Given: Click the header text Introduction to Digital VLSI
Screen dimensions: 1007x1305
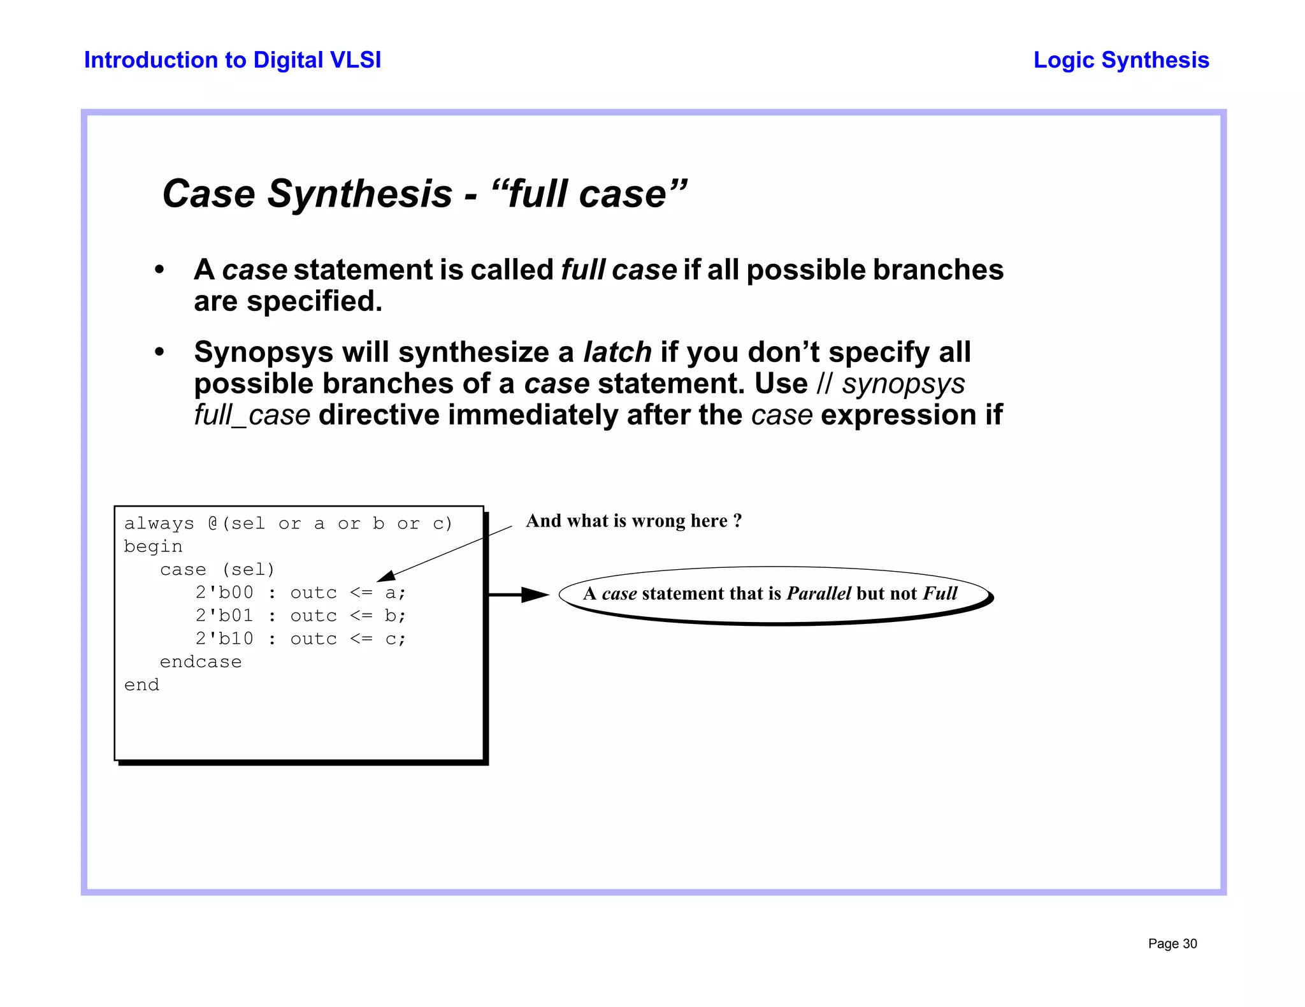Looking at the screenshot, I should (233, 60).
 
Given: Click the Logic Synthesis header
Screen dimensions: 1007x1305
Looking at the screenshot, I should (1121, 60).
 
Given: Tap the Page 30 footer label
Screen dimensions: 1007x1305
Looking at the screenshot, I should (1172, 943).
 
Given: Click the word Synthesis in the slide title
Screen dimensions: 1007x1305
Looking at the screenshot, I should (359, 194).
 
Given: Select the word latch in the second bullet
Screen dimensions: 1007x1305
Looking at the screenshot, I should (617, 352).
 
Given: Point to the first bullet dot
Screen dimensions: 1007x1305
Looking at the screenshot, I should (159, 270).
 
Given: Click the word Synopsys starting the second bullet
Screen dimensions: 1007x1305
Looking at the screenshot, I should (263, 352).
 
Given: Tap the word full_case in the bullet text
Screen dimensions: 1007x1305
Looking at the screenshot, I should (252, 415).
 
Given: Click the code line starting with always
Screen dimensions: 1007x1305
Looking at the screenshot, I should (288, 523).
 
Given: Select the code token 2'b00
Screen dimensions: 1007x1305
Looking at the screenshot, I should (224, 593).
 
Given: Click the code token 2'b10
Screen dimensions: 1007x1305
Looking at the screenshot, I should (224, 639).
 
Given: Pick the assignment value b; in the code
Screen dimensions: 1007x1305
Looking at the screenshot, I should (394, 616).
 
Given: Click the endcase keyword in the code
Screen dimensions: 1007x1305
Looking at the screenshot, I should (201, 662).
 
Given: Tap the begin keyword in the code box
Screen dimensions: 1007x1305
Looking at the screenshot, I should (153, 546).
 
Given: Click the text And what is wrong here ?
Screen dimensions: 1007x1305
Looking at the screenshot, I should (633, 521).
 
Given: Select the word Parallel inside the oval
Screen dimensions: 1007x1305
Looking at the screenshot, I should (818, 593).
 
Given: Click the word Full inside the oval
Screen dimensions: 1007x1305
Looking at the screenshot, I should (940, 593).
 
